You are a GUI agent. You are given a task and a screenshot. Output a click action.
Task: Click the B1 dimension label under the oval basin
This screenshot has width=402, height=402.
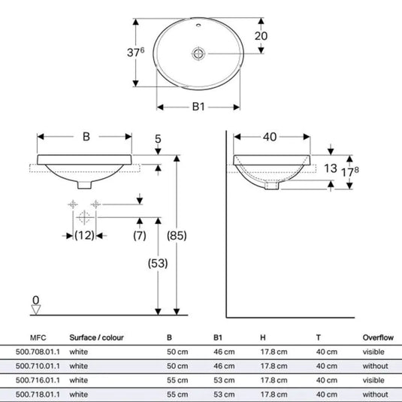[x=198, y=107]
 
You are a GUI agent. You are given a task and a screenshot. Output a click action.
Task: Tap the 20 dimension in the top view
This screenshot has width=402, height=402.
[x=261, y=36]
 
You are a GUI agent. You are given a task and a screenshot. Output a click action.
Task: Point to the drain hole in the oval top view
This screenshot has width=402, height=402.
[x=198, y=54]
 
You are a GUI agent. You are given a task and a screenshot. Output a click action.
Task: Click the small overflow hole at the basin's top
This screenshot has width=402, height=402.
[x=198, y=25]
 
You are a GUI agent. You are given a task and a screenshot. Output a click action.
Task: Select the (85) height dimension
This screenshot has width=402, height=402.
[x=177, y=236]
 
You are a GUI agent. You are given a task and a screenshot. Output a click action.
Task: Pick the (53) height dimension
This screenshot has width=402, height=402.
[x=158, y=263]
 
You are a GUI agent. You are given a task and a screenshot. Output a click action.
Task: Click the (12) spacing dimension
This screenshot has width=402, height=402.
[x=84, y=235]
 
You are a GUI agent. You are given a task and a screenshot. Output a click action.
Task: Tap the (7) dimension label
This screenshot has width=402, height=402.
[x=140, y=235]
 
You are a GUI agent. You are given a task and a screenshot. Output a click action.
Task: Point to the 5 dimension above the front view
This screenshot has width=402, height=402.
[x=158, y=139]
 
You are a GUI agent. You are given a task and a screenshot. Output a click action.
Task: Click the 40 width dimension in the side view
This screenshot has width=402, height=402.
[x=270, y=137]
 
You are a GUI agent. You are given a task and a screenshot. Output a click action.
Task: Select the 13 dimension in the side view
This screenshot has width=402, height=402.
[x=330, y=168]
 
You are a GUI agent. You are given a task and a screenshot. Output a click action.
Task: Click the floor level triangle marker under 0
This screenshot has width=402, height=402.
[x=36, y=310]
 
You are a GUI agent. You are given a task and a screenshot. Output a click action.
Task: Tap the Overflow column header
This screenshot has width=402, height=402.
[x=378, y=337]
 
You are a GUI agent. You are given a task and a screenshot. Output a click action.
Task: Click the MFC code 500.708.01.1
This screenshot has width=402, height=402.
[x=38, y=352]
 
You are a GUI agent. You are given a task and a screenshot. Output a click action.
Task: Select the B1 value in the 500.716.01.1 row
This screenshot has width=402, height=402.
[x=224, y=380]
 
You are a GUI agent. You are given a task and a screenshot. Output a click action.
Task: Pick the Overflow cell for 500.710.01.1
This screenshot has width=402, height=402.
[x=376, y=366]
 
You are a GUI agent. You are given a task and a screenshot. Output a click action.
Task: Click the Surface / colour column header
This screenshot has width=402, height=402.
[x=96, y=337]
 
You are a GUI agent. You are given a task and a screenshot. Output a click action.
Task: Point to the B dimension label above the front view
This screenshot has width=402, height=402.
[x=86, y=137]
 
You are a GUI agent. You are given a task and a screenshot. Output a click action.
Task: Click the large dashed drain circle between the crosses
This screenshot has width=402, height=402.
[x=84, y=217]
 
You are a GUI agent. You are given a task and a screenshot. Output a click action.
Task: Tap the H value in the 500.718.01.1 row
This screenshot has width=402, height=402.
[x=274, y=394]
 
